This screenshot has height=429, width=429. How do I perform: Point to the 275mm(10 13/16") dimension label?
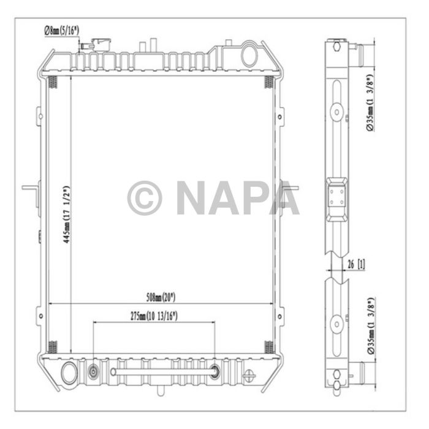coord(153,316)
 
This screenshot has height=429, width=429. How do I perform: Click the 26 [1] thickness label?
coord(355,265)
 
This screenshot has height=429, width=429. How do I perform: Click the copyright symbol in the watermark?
coord(145,198)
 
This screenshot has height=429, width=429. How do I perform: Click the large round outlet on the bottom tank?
coord(70,372)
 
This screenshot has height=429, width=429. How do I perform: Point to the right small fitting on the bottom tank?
coord(215,371)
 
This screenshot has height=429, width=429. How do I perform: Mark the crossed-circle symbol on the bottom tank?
coord(249,376)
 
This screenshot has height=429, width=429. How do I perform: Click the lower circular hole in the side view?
coord(336,323)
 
